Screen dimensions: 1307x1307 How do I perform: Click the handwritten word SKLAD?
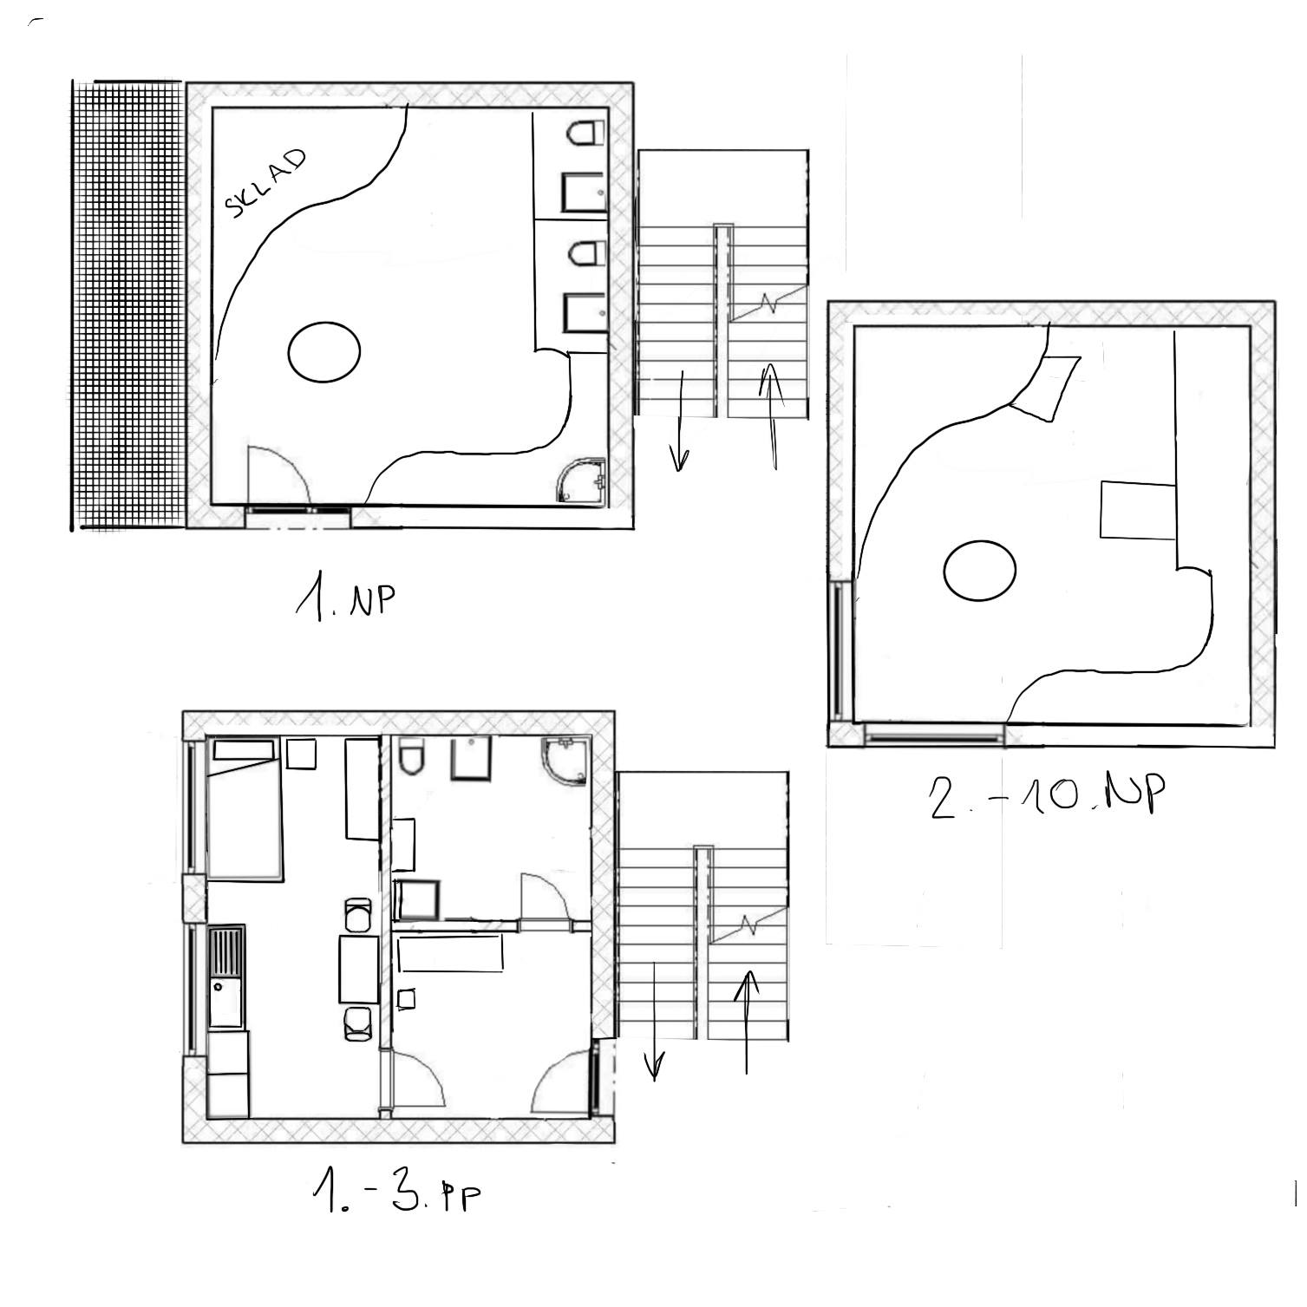(265, 182)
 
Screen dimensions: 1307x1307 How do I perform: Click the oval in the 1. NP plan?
(323, 351)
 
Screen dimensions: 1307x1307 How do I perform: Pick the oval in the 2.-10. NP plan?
(979, 570)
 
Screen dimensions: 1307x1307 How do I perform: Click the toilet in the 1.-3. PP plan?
(411, 756)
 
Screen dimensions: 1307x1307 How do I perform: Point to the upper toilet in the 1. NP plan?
(585, 134)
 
